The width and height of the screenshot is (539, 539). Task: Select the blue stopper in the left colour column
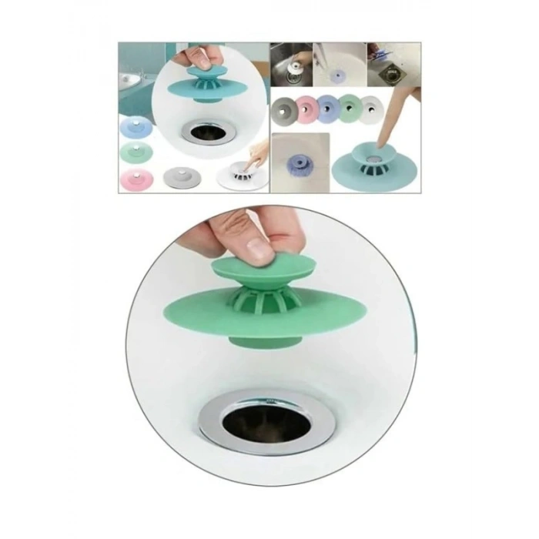tap(136, 124)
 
